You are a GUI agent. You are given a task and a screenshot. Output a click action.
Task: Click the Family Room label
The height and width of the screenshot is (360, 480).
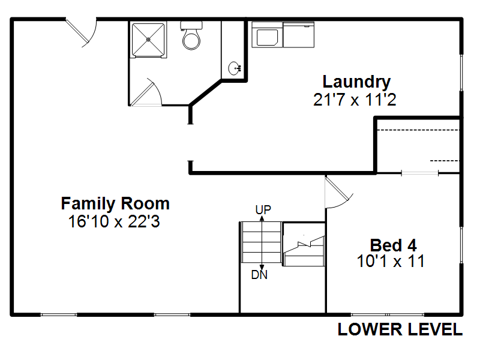pos(115,203)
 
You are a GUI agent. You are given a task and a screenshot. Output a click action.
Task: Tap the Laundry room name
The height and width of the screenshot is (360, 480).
pos(356,83)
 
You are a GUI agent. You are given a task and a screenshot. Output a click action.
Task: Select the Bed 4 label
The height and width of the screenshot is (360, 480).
pos(394,245)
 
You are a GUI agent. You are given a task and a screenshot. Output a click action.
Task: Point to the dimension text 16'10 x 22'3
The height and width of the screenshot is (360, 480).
pos(114,221)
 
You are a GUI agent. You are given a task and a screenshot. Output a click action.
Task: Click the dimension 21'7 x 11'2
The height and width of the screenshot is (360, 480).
pos(355,100)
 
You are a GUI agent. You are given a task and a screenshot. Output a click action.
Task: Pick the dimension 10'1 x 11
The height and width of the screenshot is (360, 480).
pos(391,261)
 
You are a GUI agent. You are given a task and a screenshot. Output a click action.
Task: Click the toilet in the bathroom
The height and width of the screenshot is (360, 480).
pos(191,35)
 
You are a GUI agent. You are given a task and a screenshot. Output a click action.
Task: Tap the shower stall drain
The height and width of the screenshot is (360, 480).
pos(148,39)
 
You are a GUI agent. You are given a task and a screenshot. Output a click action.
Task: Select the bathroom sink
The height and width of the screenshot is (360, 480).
pos(235,68)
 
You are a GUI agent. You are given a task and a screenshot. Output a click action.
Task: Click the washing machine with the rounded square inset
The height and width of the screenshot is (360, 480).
pos(267,35)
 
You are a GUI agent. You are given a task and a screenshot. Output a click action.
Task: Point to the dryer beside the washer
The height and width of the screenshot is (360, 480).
pos(299,35)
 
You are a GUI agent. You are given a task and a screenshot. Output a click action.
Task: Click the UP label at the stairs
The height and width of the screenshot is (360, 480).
pos(263,210)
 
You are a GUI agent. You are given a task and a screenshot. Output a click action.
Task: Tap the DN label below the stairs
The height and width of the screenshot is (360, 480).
pos(259,275)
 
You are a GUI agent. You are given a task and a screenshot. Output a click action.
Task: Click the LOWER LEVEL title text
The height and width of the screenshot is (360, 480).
pos(400,329)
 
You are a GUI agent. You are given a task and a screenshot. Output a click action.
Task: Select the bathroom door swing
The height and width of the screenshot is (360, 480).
pos(148,92)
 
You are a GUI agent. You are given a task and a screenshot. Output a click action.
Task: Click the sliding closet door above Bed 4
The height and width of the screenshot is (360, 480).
pos(419,173)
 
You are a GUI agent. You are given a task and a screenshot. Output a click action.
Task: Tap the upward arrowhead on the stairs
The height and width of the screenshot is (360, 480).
pos(262,218)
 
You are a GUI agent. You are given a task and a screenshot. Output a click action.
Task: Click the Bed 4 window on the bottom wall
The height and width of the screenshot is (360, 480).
pos(388,314)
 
